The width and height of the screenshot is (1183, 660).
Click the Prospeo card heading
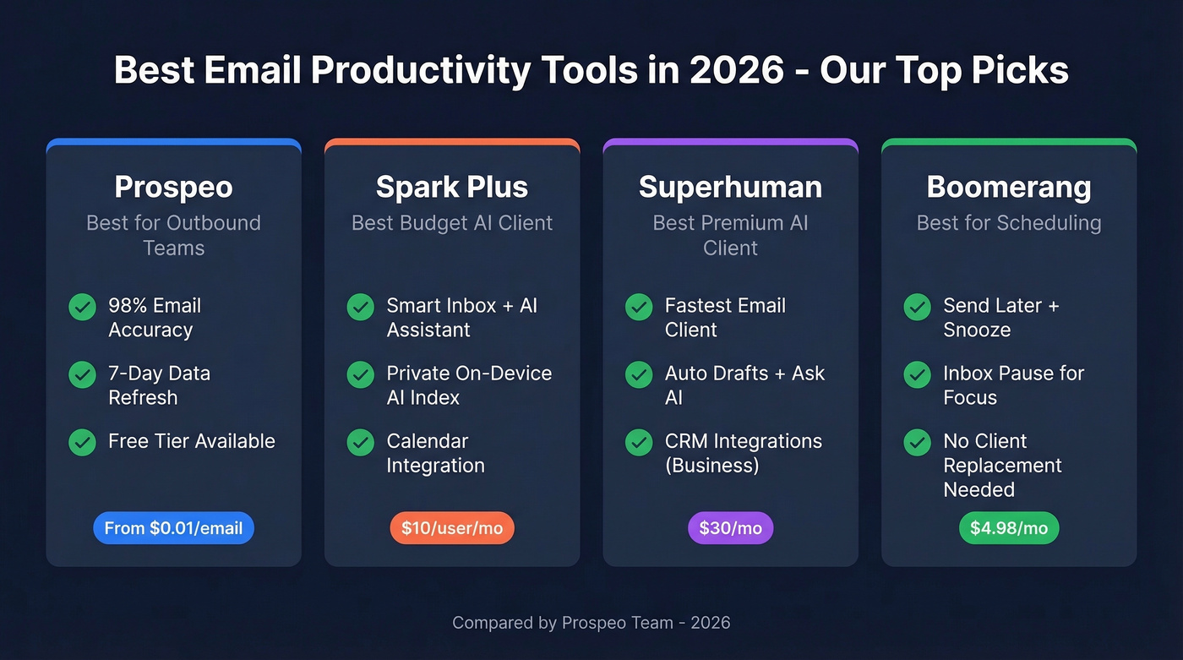(173, 187)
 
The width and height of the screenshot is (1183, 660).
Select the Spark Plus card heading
(452, 187)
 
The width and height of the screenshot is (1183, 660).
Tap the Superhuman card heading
(730, 187)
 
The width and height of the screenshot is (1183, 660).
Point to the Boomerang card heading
(1009, 187)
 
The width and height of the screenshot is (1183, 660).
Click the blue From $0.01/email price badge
(173, 528)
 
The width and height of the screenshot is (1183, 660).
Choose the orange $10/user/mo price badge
(452, 528)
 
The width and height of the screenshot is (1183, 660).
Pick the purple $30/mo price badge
(730, 528)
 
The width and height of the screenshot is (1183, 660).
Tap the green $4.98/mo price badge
(1009, 528)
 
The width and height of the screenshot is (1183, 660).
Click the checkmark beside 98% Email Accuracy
(82, 307)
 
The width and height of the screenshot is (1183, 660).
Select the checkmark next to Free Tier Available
(82, 442)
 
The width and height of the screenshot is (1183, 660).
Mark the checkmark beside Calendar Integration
(361, 442)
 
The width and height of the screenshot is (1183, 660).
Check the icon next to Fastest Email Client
(639, 307)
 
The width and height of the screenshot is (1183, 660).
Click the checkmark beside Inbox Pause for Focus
(918, 374)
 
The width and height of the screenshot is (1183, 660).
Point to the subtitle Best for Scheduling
(1009, 223)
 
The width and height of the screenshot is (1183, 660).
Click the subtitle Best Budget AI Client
(452, 223)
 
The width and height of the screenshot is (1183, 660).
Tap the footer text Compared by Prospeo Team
(591, 623)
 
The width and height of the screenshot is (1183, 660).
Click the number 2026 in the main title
(737, 70)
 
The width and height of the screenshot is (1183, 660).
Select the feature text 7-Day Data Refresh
(159, 385)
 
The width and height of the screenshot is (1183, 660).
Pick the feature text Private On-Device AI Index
(469, 385)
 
